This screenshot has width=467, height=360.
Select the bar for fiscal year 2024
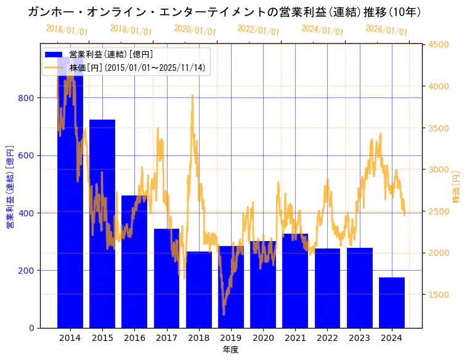pyautogui.click(x=392, y=302)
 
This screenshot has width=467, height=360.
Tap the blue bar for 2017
pyautogui.click(x=166, y=278)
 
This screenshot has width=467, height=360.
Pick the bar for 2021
pyautogui.click(x=295, y=280)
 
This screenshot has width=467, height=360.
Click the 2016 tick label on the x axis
pyautogui.click(x=134, y=338)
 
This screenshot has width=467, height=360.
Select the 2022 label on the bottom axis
pyautogui.click(x=327, y=338)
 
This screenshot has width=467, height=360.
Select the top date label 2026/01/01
pyautogui.click(x=386, y=30)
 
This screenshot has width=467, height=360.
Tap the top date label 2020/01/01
pyautogui.click(x=195, y=30)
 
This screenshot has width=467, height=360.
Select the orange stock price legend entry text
pyautogui.click(x=137, y=68)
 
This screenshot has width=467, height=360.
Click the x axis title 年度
pyautogui.click(x=230, y=350)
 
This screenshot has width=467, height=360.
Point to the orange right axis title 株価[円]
pyautogui.click(x=457, y=187)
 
